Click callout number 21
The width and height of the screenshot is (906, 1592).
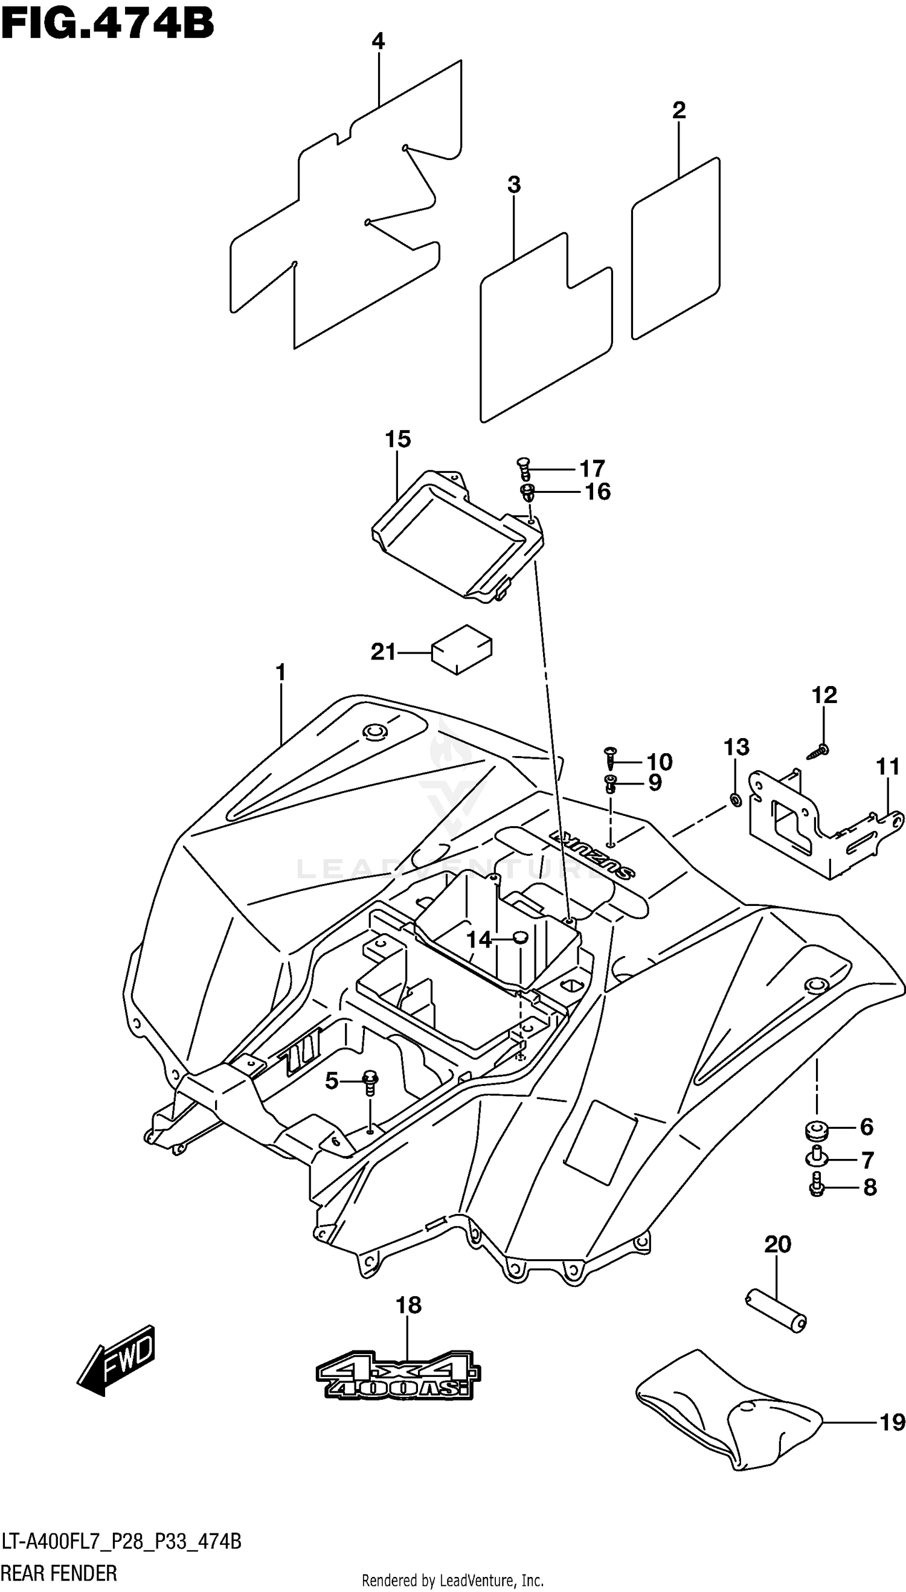[x=384, y=652]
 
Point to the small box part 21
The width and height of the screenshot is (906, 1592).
[x=461, y=649]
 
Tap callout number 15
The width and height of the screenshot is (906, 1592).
[x=397, y=439]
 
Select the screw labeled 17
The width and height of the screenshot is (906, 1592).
[x=523, y=467]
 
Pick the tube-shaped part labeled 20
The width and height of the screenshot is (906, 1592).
[x=776, y=1318]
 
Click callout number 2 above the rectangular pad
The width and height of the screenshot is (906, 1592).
[x=679, y=110]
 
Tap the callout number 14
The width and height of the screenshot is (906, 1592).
[x=479, y=939]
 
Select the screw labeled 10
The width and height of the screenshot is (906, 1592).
[x=611, y=759]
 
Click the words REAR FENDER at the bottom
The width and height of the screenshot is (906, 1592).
[x=59, y=1573]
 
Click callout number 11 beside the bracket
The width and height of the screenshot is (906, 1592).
[x=888, y=766]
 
